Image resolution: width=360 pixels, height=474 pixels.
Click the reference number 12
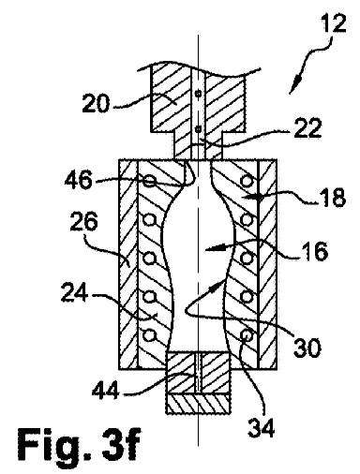pos(334,22)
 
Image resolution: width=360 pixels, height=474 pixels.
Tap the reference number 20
pos(96,103)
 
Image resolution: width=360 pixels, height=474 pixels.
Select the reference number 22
pos(307,128)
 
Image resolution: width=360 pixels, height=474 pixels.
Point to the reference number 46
pos(79,180)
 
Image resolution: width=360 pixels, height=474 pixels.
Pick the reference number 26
pos(84,221)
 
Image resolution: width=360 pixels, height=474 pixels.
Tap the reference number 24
pos(74,292)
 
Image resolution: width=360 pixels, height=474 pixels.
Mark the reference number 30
pos(307,348)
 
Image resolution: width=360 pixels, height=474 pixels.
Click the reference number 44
pos(106,390)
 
